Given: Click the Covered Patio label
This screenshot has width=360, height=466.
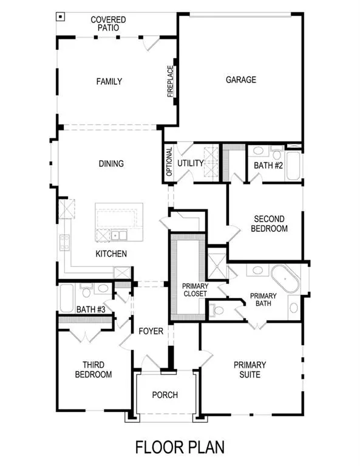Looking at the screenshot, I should (x=108, y=24).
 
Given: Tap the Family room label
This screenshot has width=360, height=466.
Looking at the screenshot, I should (x=109, y=82).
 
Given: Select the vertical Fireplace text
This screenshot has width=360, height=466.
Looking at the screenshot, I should (x=171, y=81).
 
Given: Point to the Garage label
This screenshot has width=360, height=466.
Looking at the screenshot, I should (x=241, y=79).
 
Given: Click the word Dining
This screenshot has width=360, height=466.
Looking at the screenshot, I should (x=111, y=163).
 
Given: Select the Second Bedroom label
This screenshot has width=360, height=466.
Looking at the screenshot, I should (x=270, y=224).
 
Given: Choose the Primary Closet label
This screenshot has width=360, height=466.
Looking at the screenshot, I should (x=195, y=290).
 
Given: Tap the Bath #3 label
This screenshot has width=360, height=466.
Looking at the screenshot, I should (x=91, y=309).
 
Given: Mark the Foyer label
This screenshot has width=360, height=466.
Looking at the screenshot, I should (x=150, y=331).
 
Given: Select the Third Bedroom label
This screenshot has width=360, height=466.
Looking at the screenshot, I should (x=93, y=370).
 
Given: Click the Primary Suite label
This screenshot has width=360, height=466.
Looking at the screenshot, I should (x=250, y=370).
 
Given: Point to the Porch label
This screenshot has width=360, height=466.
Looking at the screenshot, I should (x=165, y=395).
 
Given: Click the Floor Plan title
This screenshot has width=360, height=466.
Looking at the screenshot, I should (x=180, y=447).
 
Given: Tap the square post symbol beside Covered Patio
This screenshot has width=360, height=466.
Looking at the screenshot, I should (x=59, y=16).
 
